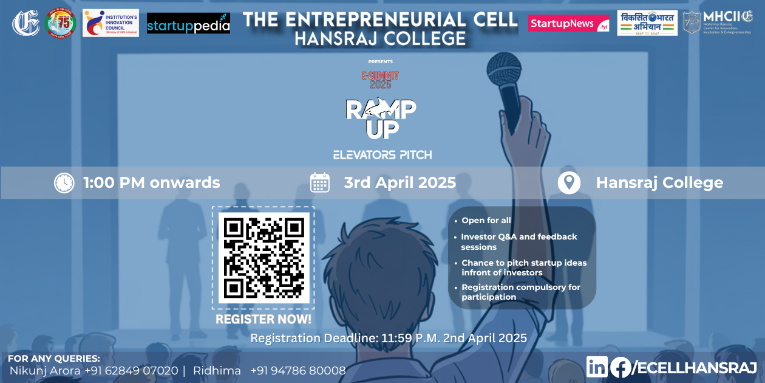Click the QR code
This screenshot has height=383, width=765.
[263, 258]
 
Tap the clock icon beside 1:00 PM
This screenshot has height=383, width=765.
[64, 183]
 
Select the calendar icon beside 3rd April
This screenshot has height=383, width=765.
[320, 182]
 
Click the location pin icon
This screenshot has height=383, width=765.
[569, 182]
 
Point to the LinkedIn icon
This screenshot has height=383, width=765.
[597, 367]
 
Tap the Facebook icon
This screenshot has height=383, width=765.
[620, 367]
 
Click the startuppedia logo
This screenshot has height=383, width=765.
[188, 24]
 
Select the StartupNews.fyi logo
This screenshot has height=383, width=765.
[568, 23]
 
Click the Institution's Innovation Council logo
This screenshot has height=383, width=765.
[110, 23]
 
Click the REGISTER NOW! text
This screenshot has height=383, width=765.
[263, 319]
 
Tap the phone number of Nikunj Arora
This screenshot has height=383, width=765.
[131, 370]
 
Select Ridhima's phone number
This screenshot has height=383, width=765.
[298, 370]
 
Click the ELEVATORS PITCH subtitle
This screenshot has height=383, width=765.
[382, 155]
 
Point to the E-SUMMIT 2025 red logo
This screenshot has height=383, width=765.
[381, 80]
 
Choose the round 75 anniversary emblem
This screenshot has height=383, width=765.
[61, 23]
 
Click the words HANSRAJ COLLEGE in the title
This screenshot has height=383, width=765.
[380, 39]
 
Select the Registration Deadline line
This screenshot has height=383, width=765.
[389, 338]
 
